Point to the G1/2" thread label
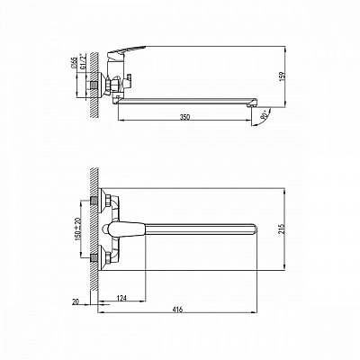(x=82, y=66)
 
